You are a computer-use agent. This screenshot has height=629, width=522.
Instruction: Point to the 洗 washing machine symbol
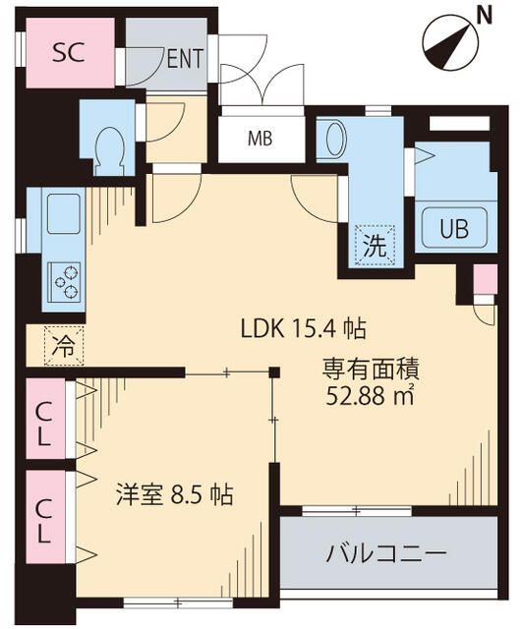coord(375,246)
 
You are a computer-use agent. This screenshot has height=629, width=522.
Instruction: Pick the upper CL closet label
coord(44,423)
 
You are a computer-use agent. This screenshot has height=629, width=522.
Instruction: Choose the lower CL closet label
coord(44,521)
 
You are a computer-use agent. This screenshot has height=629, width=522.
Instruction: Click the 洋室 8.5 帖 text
coord(174,494)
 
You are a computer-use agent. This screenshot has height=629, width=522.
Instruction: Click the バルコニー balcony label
coord(386,552)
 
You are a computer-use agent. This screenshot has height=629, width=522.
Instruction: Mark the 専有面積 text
coord(372,371)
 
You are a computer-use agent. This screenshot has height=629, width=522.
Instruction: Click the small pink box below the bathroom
coord(484,279)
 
